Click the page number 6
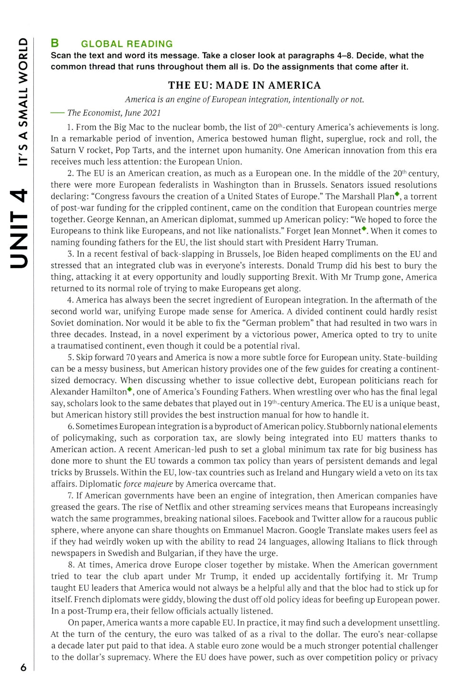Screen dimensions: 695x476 23,667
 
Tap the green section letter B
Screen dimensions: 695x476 55,43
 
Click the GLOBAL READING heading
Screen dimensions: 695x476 127,44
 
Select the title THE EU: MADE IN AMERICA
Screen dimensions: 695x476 244,85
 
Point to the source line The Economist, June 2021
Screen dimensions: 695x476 114,113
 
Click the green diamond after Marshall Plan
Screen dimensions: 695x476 397,194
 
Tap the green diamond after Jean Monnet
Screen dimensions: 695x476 364,229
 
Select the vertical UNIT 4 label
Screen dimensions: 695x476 19,229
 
